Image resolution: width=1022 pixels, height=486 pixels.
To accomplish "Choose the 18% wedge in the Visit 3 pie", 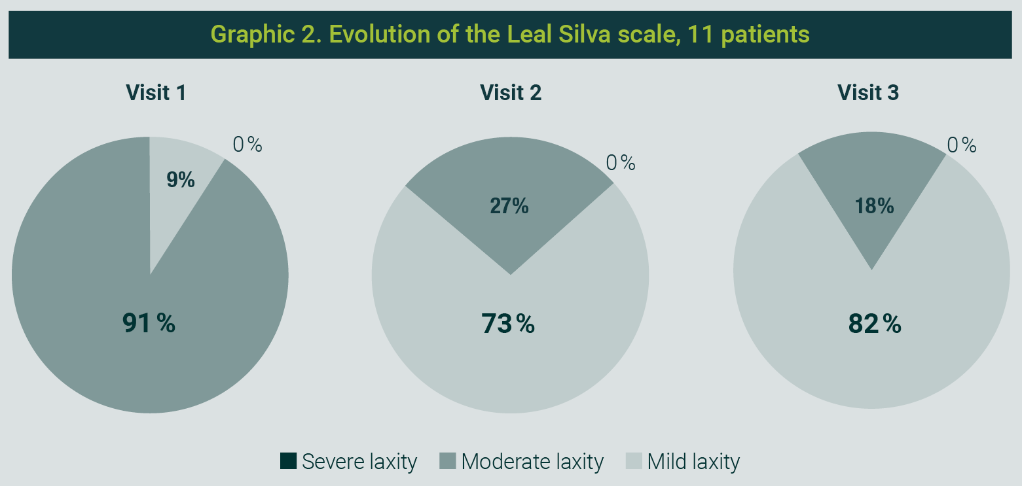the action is (x=872, y=201).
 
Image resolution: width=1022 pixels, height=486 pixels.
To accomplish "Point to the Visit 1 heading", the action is (x=156, y=92).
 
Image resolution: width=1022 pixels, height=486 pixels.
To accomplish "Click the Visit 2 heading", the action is (x=511, y=92).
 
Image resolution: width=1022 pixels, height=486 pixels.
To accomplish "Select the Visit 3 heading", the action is (x=867, y=92).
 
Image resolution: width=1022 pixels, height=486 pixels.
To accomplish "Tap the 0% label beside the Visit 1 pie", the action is (x=247, y=145).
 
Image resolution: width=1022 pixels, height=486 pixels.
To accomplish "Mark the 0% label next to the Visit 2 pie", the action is (x=621, y=163).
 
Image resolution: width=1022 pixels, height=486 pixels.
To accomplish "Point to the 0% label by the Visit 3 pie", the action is (x=962, y=145).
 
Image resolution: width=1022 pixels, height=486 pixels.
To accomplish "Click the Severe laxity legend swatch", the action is (x=288, y=460).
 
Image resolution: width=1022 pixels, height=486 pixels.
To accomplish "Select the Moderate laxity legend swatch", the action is (x=448, y=460).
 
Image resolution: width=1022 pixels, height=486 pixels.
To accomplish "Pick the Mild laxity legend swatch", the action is (x=634, y=460).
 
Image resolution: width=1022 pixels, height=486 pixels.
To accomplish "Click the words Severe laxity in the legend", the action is (x=359, y=462).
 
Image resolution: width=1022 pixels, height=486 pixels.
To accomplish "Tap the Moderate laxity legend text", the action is (x=532, y=462).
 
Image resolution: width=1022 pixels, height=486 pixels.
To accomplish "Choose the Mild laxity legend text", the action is (x=693, y=462).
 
